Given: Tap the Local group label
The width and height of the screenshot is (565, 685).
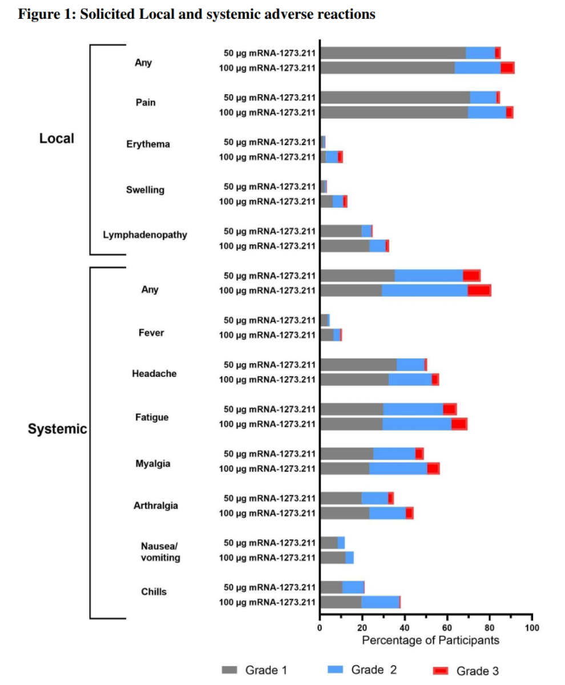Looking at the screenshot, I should click(56, 139).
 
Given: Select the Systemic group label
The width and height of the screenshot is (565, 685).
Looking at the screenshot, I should click(57, 429).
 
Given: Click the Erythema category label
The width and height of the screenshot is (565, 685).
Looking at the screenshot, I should click(148, 144).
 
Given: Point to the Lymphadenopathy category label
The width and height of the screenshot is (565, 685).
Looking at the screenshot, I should click(145, 235).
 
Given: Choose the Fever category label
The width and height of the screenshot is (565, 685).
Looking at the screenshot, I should click(151, 332).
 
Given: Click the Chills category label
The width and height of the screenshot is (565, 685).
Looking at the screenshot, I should click(154, 591).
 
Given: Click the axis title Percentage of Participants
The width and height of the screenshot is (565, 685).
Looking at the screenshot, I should click(430, 640).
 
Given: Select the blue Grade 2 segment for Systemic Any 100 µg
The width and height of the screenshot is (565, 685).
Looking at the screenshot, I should click(425, 290).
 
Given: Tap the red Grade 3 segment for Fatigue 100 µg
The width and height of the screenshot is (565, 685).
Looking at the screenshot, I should click(459, 424).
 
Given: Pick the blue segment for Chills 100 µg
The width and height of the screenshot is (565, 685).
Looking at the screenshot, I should click(380, 602).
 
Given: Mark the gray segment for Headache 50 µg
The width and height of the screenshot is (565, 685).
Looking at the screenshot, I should click(358, 364).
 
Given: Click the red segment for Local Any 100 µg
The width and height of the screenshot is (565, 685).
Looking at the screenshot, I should click(507, 68).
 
